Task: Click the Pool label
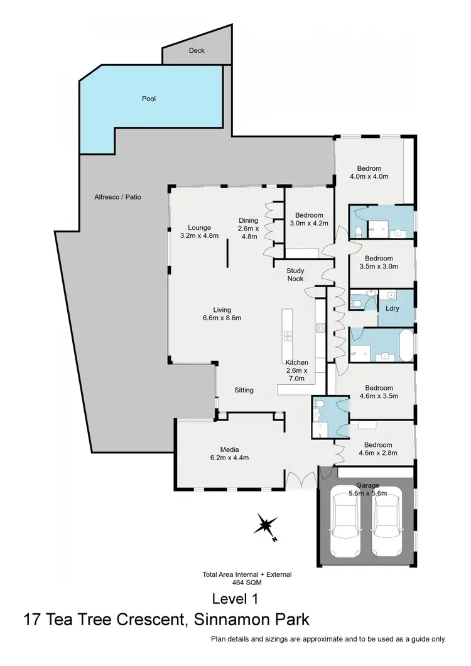148,99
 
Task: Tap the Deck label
197,51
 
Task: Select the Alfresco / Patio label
117,196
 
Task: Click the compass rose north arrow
267,525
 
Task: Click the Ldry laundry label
392,309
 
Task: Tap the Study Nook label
295,274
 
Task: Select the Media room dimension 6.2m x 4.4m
230,458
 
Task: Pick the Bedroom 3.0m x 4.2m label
309,218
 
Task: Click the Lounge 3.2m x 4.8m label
199,232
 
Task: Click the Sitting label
244,390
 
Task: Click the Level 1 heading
235,598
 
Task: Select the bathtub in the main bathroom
404,344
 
